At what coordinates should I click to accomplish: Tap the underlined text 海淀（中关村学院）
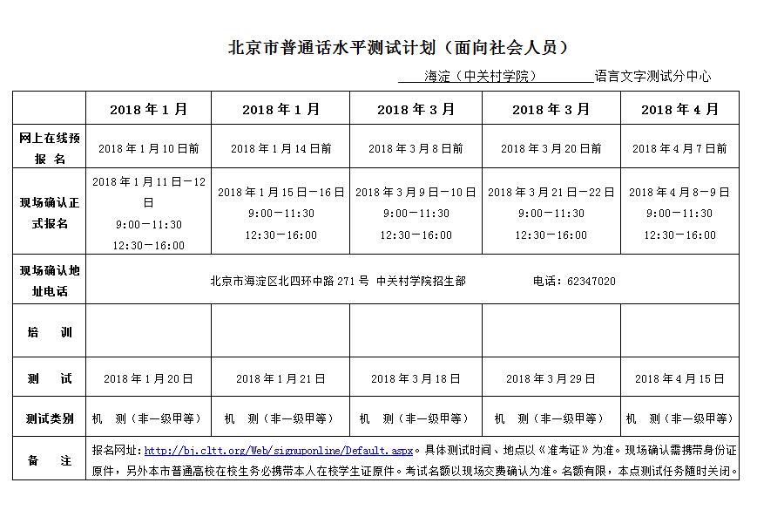[480, 77]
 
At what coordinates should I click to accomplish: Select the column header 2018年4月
[679, 110]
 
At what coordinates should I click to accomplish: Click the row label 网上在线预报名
[50, 148]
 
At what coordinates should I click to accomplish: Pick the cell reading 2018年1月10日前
[149, 149]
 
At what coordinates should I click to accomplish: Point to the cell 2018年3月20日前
[551, 149]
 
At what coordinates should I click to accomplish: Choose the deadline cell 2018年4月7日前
[679, 149]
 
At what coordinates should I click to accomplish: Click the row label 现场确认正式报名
[50, 213]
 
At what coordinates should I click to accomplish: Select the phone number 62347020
[591, 282]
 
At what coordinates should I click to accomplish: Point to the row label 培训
[50, 333]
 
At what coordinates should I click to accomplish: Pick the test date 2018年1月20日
[148, 379]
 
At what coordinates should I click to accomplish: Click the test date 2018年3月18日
[416, 379]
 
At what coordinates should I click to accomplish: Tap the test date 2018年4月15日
[679, 379]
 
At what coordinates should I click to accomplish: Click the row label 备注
[50, 461]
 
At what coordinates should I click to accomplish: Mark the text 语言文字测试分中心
[653, 77]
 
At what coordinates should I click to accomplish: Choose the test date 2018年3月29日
[551, 379]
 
